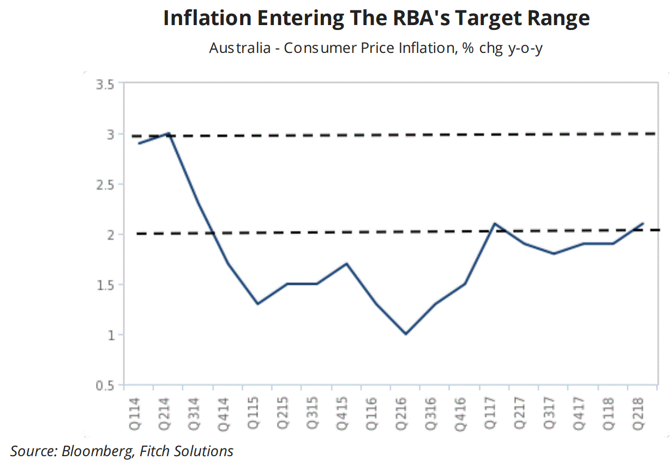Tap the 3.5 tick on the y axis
click(x=106, y=84)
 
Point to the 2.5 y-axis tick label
click(x=106, y=184)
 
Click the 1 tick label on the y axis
click(x=111, y=334)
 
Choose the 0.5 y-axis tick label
click(x=106, y=385)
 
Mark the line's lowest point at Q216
click(x=406, y=334)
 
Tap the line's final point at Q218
click(x=643, y=223)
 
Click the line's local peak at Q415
click(x=346, y=264)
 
